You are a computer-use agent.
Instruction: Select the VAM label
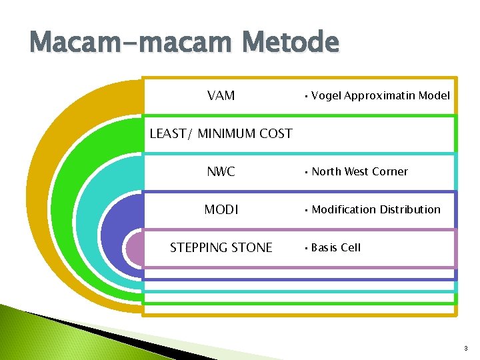click(221, 95)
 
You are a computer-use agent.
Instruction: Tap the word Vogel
click(325, 95)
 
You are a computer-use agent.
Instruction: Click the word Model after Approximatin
click(434, 95)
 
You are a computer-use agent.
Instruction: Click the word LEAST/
click(170, 133)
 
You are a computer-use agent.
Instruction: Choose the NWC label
click(221, 171)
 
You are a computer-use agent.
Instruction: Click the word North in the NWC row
click(327, 171)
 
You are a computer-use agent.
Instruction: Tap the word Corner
click(390, 171)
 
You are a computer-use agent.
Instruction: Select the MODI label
click(221, 209)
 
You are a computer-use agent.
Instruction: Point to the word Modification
click(343, 209)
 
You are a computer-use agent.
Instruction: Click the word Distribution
click(410, 209)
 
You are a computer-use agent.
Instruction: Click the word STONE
click(253, 248)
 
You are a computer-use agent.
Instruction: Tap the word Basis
click(325, 247)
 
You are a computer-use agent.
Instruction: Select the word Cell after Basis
click(351, 247)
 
